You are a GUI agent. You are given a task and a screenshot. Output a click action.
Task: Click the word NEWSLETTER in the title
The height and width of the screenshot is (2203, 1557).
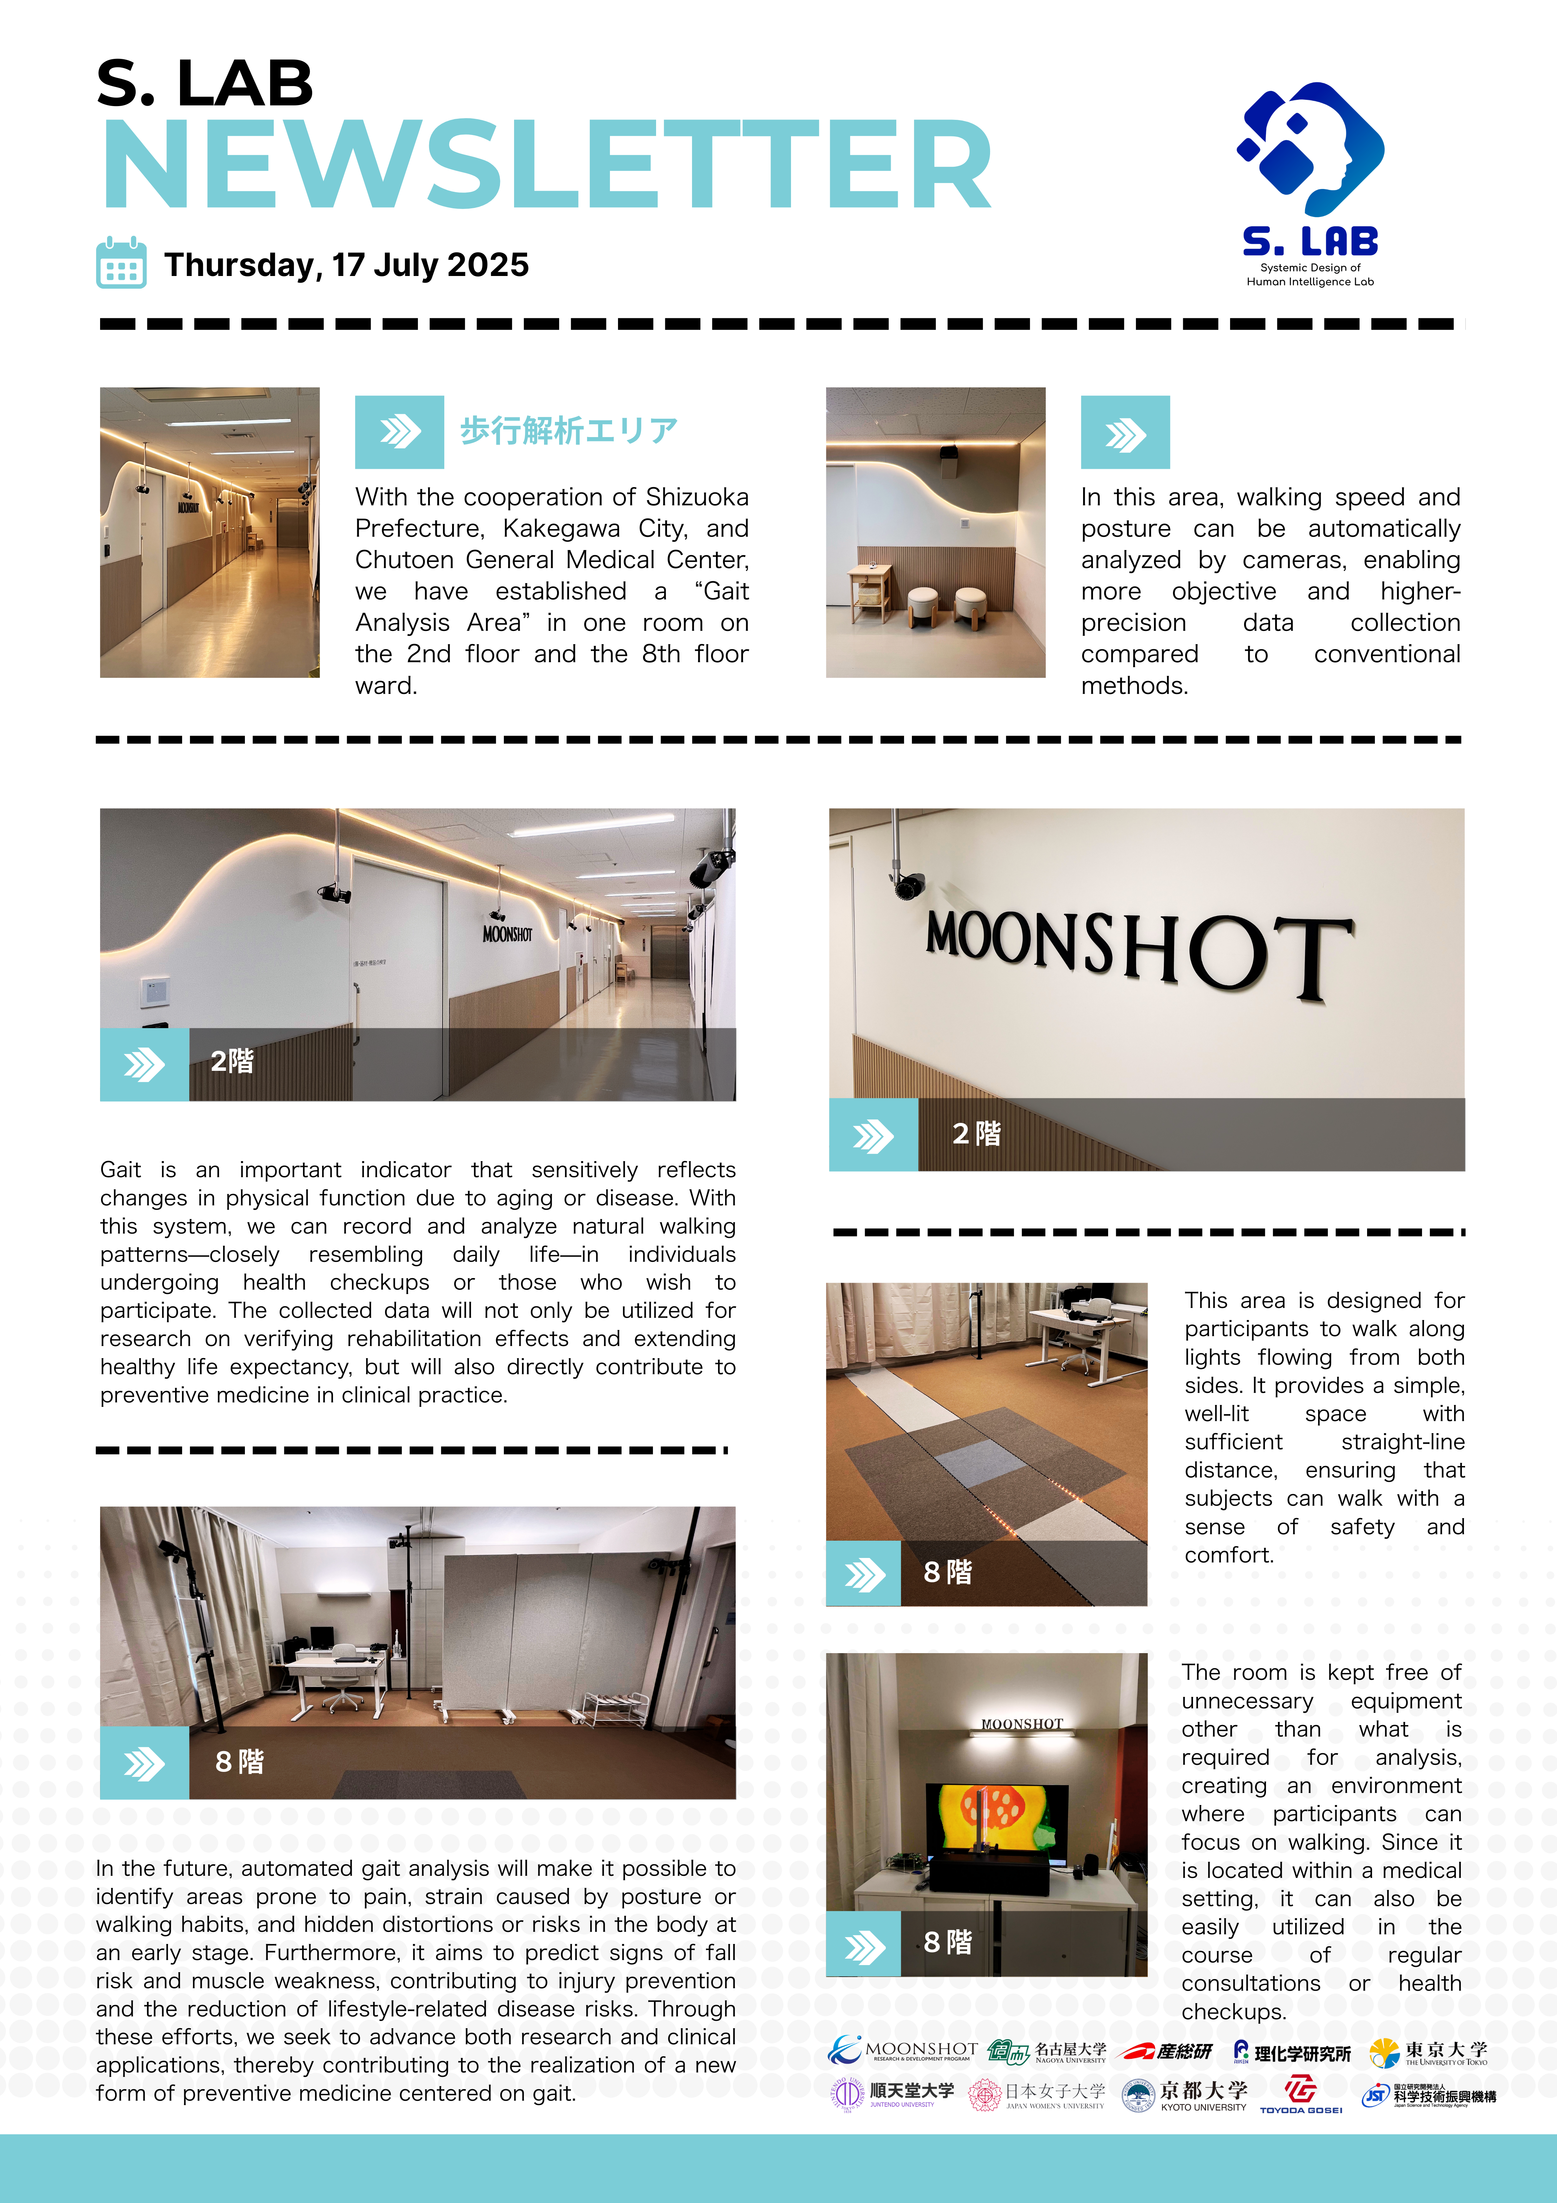(x=547, y=165)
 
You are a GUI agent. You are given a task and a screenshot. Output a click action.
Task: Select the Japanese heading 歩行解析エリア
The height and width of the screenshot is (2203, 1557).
(x=569, y=431)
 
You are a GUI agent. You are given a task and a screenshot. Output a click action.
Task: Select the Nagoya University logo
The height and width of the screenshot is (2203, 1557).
(x=1048, y=2051)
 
